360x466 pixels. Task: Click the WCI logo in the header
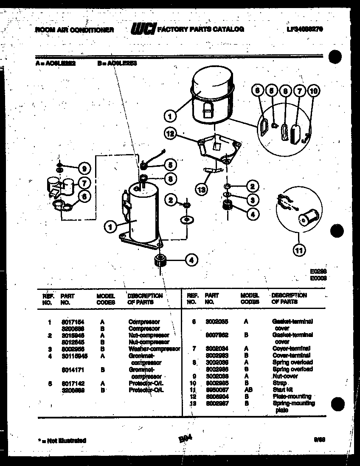click(x=143, y=29)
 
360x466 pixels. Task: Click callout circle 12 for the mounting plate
click(x=171, y=134)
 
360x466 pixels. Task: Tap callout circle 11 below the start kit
click(x=299, y=250)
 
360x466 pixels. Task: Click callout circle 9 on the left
click(x=84, y=169)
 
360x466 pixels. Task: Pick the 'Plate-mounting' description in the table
click(x=292, y=396)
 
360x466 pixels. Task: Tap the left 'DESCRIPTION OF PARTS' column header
click(x=145, y=298)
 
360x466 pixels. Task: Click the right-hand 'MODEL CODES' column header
click(x=250, y=298)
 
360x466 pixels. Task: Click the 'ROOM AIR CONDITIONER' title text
click(x=74, y=30)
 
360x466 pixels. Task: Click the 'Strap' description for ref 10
click(x=280, y=383)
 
